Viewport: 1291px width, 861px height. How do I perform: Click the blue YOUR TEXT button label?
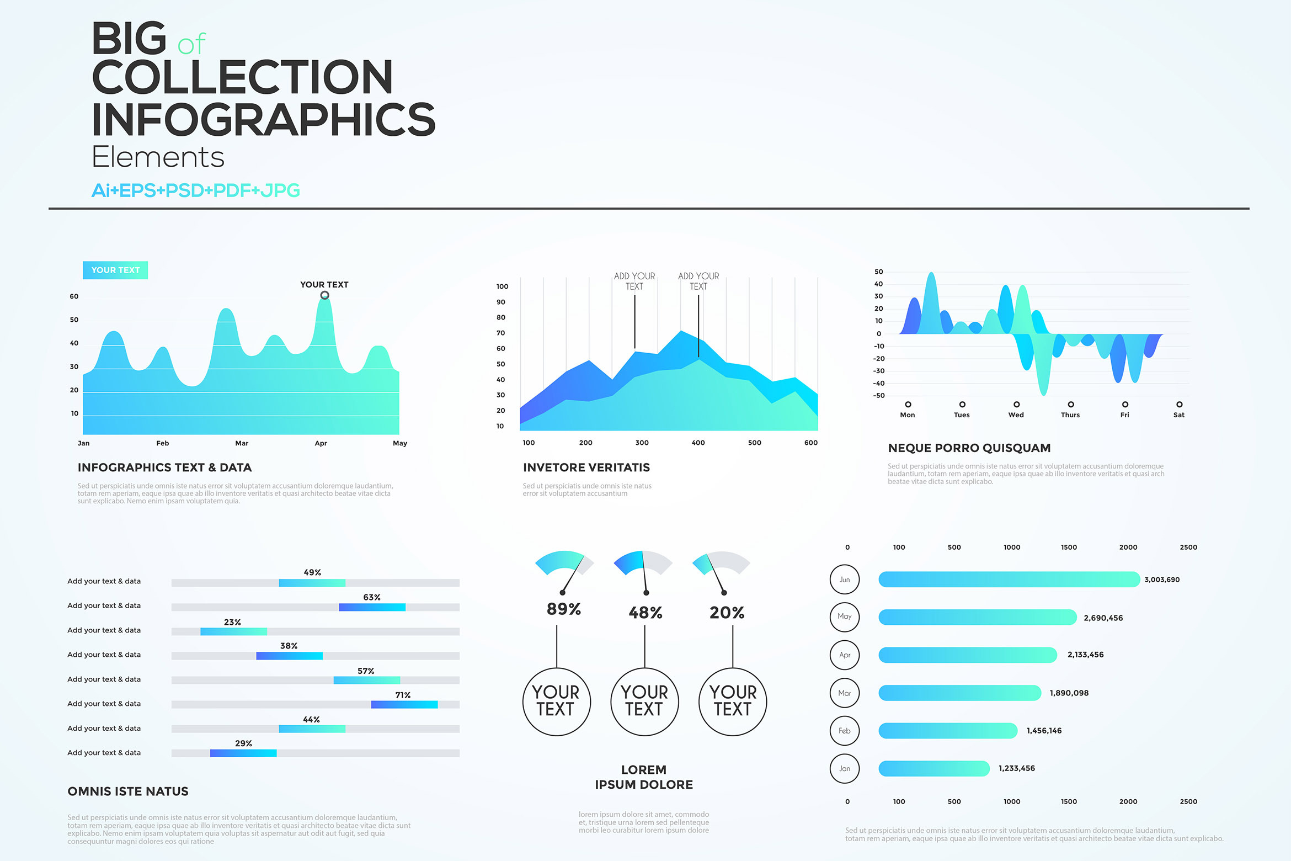tap(115, 270)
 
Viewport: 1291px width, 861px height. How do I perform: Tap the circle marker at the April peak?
tap(325, 295)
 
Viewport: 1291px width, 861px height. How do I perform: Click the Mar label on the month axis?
tap(242, 443)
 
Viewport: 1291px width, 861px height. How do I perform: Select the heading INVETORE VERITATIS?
tap(586, 467)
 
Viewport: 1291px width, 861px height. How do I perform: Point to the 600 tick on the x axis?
tap(810, 443)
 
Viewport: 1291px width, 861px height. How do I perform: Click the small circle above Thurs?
tap(1070, 405)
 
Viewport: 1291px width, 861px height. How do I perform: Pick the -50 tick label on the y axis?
tap(878, 396)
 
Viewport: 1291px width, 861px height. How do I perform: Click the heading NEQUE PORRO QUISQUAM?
tap(969, 448)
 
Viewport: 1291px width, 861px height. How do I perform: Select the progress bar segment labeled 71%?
tap(404, 704)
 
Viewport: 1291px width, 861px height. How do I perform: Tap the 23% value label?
tap(232, 622)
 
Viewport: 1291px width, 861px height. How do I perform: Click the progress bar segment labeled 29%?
tap(243, 753)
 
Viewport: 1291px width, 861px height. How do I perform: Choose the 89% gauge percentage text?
tap(563, 609)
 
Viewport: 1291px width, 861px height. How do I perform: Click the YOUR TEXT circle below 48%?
tap(644, 701)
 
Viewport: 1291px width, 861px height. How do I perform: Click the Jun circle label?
tap(844, 580)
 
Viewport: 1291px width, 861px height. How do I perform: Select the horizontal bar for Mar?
tap(959, 693)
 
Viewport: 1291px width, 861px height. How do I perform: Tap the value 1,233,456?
tap(1016, 768)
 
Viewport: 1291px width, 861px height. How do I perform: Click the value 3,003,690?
tap(1161, 580)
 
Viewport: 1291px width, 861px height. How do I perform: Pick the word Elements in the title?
tap(158, 157)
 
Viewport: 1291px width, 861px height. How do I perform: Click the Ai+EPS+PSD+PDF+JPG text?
tap(195, 190)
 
